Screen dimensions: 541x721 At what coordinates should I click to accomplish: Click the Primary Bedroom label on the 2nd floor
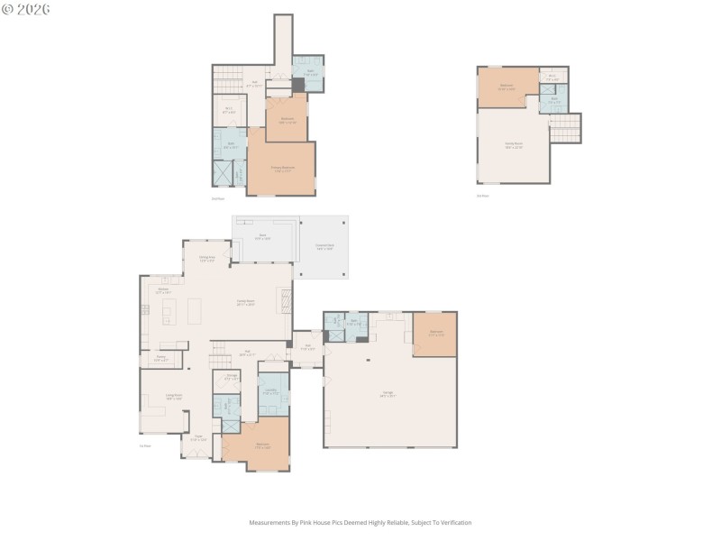tap(282, 169)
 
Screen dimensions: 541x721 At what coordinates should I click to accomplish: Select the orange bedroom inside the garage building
tap(435, 334)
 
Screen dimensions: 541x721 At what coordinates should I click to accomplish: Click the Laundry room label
tap(270, 391)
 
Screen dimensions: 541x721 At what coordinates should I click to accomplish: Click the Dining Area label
tap(206, 259)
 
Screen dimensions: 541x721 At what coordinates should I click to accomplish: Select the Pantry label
tap(161, 360)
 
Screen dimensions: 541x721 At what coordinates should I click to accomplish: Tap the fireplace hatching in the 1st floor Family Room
tap(286, 300)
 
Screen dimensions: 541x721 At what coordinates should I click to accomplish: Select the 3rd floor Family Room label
tap(513, 145)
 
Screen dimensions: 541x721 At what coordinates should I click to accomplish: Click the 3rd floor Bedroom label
tap(507, 88)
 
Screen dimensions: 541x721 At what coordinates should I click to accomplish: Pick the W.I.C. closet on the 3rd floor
tap(553, 77)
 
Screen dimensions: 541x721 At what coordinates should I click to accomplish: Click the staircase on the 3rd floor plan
tap(565, 128)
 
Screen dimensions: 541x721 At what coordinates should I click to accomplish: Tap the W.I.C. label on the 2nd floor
tap(229, 112)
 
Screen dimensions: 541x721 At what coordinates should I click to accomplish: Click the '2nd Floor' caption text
tap(217, 198)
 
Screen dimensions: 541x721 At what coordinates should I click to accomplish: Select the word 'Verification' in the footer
tap(454, 523)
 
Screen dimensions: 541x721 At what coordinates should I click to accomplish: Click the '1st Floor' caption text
tap(144, 446)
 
